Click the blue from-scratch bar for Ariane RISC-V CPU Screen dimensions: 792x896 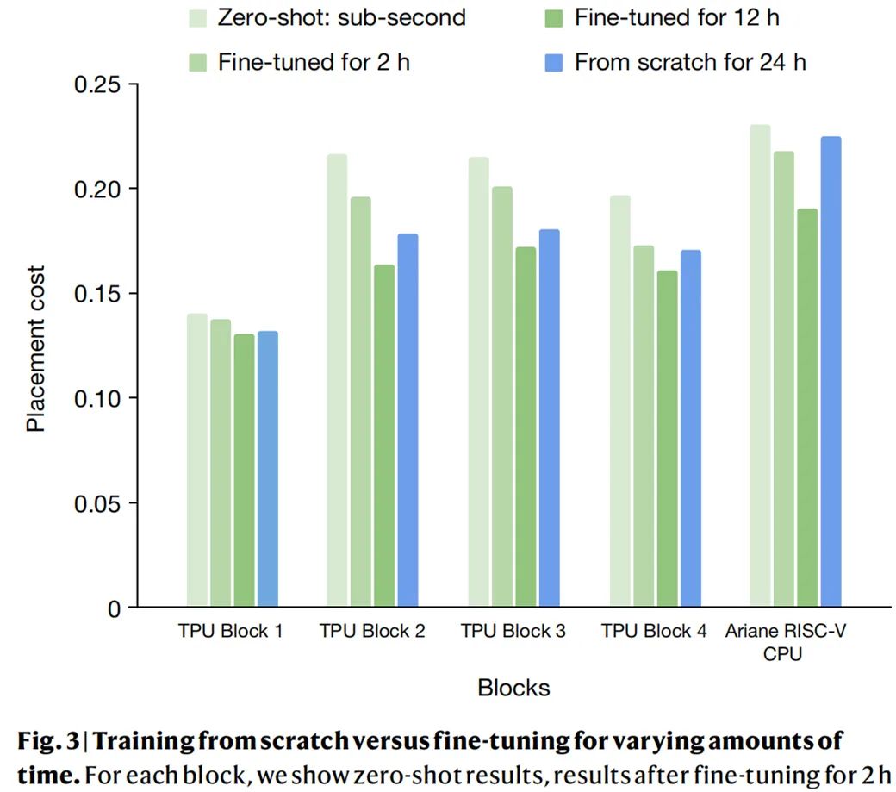coord(830,371)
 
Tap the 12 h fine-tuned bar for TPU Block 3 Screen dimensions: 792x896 coord(525,427)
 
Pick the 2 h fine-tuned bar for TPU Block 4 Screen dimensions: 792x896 coord(643,427)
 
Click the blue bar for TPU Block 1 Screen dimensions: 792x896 coord(267,469)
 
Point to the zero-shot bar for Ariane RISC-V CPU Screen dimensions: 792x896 coord(759,366)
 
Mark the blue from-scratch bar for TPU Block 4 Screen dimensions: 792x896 coord(689,428)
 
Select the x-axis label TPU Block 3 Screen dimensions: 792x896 coord(513,632)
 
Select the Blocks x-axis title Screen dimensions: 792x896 coord(513,688)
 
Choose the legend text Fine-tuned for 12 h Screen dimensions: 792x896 coord(676,16)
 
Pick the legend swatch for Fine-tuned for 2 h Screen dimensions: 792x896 coord(198,62)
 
